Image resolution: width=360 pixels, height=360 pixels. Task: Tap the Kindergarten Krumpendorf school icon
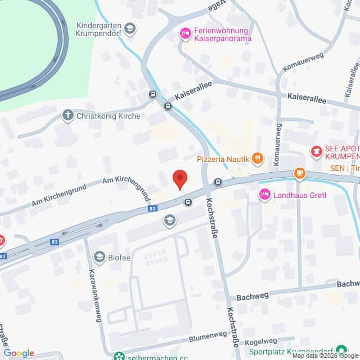tap(130, 28)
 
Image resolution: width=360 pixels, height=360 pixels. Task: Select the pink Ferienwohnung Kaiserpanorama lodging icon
tap(184, 34)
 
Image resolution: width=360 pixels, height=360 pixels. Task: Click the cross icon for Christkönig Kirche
tap(68, 116)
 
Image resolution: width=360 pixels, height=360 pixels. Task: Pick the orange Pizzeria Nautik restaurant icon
tap(258, 159)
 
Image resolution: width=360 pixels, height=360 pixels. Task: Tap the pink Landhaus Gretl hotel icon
tap(264, 194)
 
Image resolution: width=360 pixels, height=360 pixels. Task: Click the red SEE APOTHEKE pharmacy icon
tap(317, 151)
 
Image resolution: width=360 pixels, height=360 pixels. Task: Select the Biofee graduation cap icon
tap(100, 257)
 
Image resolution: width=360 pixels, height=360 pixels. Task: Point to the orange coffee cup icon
tap(299, 173)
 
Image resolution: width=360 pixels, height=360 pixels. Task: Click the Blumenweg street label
tap(209, 335)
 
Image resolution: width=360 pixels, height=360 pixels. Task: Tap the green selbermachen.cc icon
tap(119, 355)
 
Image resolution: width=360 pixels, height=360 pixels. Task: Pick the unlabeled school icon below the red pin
tap(169, 220)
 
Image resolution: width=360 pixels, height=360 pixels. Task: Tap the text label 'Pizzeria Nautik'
tap(223, 159)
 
